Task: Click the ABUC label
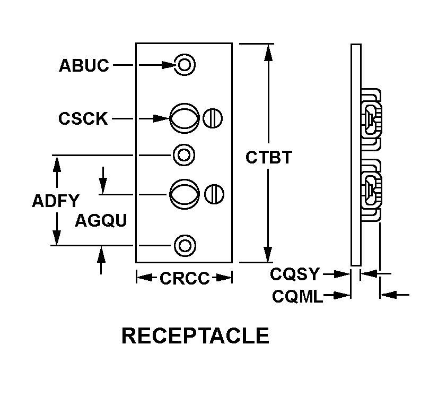[84, 65]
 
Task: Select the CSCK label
[83, 118]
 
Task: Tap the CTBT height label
[268, 158]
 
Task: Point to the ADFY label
[55, 201]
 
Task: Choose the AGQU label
[101, 220]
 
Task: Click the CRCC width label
[185, 278]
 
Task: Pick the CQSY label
[295, 274]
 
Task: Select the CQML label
[297, 296]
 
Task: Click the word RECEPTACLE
[195, 336]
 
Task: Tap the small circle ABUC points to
[185, 65]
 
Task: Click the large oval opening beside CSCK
[184, 118]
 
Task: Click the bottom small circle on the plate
[185, 245]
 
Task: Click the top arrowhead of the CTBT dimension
[268, 50]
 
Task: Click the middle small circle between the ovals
[184, 155]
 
